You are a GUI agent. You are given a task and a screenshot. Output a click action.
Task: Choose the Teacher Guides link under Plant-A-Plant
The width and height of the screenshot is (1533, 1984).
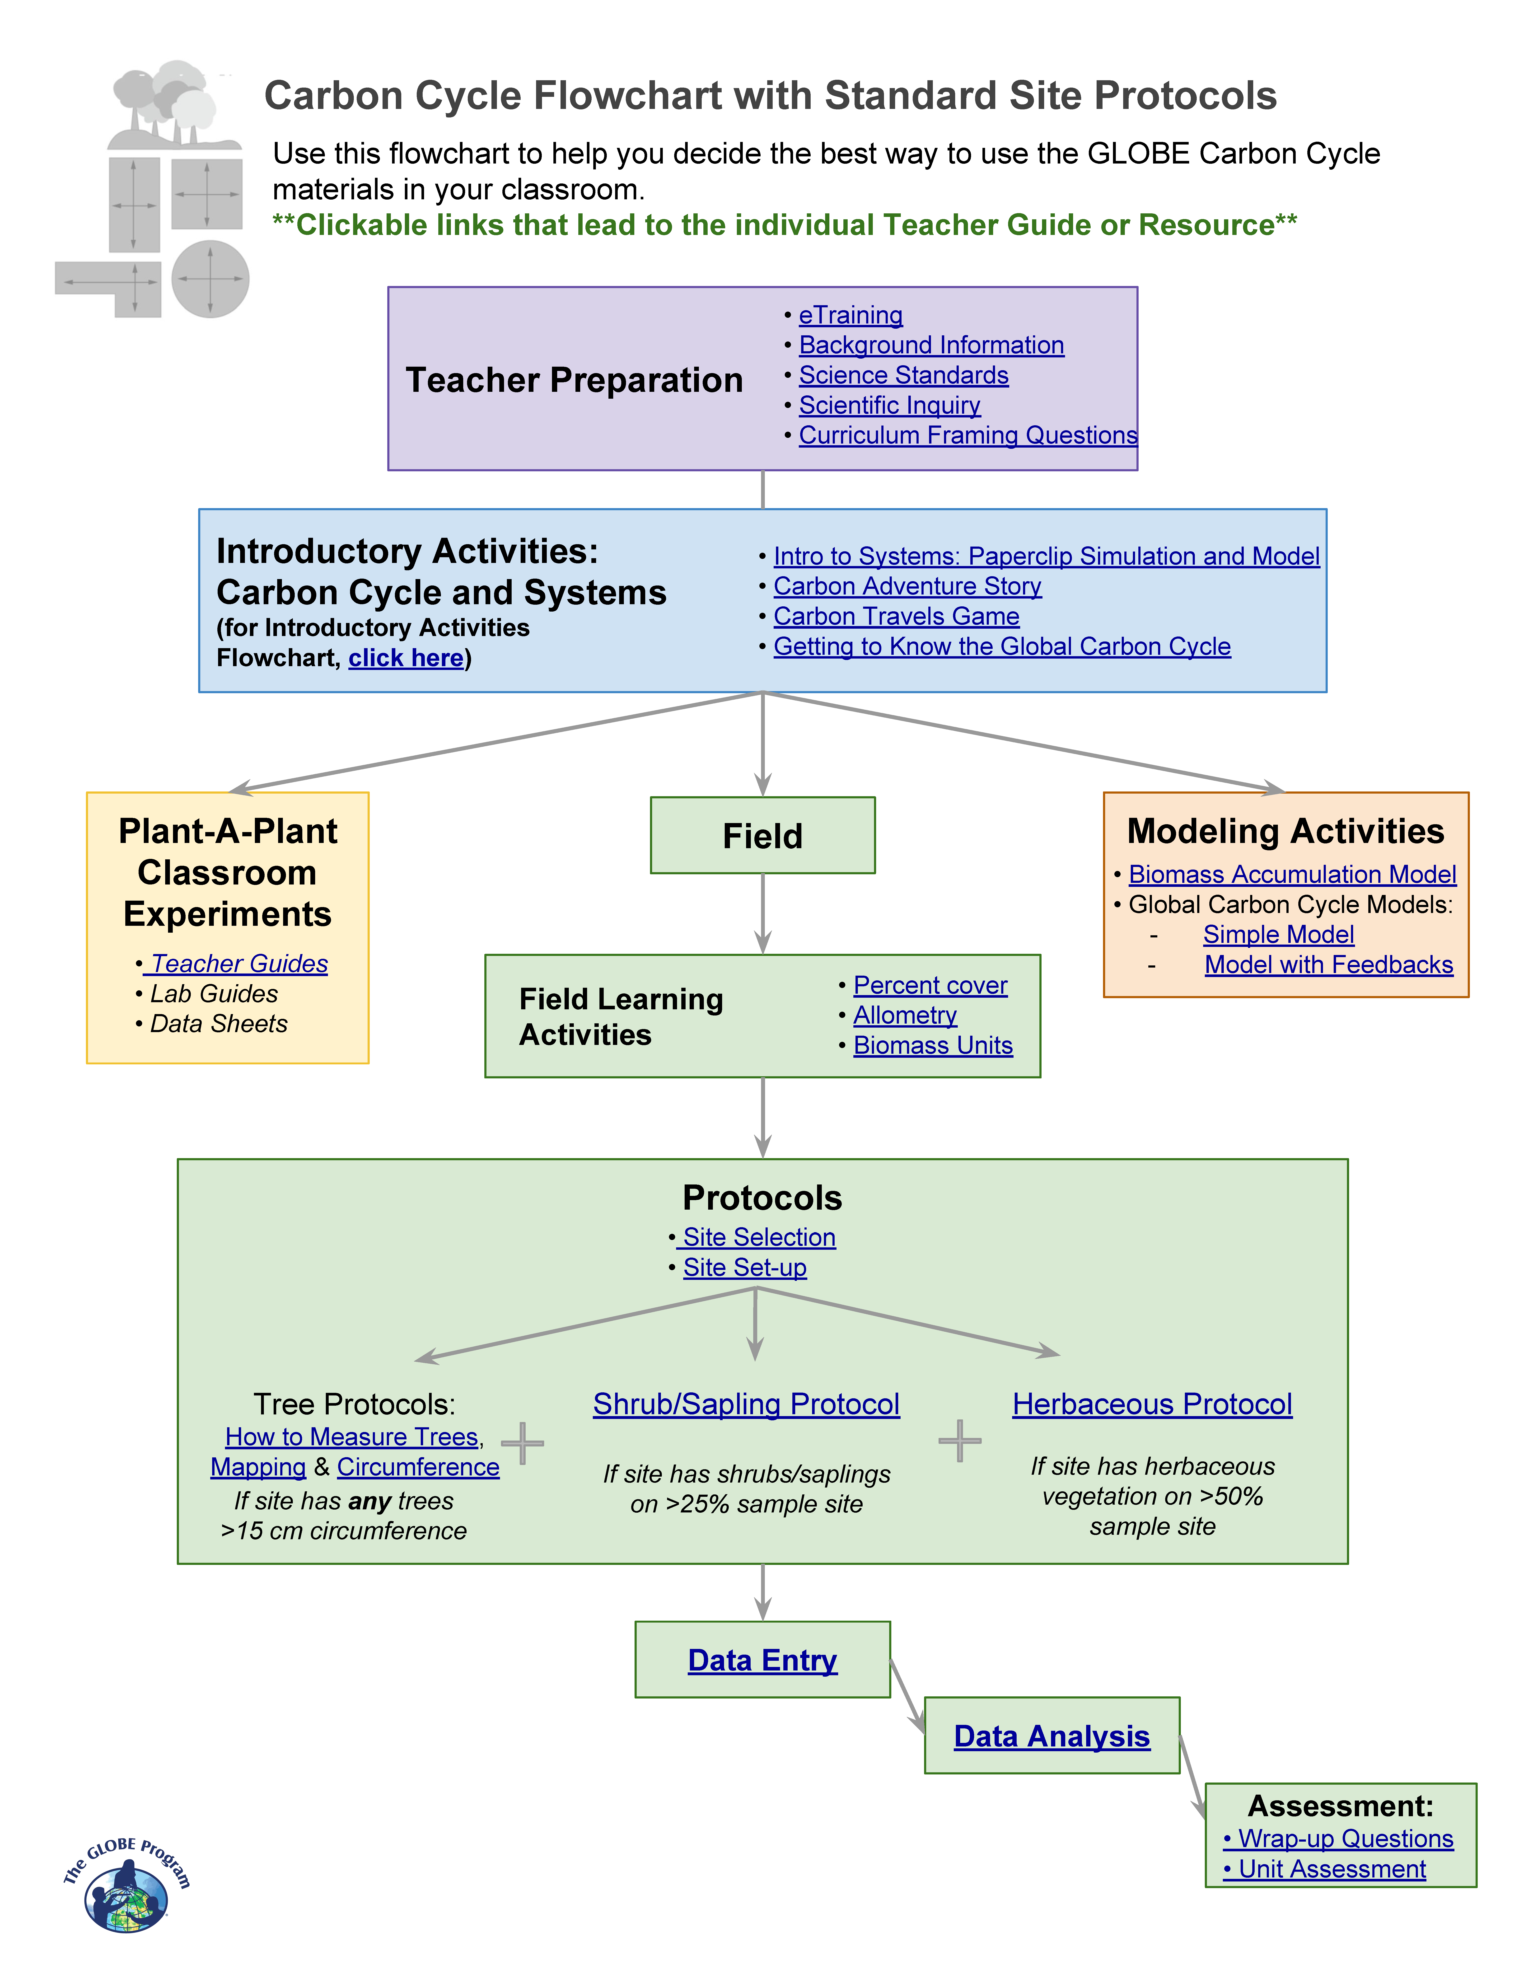coord(239,964)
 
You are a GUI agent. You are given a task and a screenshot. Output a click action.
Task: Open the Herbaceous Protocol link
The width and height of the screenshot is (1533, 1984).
coord(1152,1404)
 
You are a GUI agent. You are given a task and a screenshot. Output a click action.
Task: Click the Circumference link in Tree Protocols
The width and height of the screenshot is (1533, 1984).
coord(418,1467)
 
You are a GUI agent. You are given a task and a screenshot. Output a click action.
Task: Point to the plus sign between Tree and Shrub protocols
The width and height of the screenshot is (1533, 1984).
coord(522,1443)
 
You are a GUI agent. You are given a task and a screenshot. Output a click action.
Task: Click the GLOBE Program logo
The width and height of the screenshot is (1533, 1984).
coord(126,1885)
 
